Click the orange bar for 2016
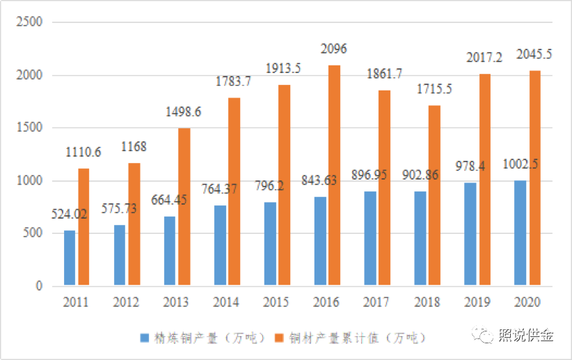[335, 175]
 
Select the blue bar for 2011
[70, 258]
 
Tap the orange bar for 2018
[435, 195]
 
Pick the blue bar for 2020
[520, 233]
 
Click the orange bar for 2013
[184, 207]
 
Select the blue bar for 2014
[220, 245]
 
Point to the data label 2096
[333, 49]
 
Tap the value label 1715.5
[435, 90]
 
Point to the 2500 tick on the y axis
[30, 22]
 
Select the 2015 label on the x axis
[276, 303]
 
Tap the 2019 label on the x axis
[475, 303]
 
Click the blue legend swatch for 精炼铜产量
[145, 338]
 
